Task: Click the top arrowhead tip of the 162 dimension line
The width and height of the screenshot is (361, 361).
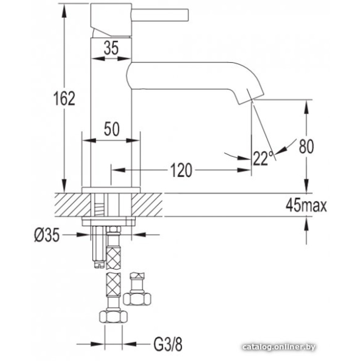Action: pyautogui.click(x=65, y=4)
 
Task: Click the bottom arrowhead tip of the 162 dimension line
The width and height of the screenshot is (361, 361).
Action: pyautogui.click(x=65, y=192)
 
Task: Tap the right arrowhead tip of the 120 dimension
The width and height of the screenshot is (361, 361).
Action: pyautogui.click(x=251, y=170)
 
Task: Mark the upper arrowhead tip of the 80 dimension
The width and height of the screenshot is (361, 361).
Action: pyautogui.click(x=306, y=100)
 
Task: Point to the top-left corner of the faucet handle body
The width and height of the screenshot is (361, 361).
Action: pyautogui.click(x=91, y=4)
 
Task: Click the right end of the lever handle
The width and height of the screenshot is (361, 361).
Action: pyautogui.click(x=188, y=16)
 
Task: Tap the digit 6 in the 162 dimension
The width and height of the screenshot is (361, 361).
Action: pyautogui.click(x=64, y=99)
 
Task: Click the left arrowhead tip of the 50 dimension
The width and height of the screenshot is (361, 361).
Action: pyautogui.click(x=82, y=140)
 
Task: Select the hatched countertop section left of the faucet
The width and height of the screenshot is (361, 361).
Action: pyautogui.click(x=72, y=204)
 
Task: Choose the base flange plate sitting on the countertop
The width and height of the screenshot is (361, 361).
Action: pyautogui.click(x=111, y=190)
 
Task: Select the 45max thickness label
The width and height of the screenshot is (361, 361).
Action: pyautogui.click(x=306, y=206)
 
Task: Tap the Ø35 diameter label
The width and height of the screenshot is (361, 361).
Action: pyautogui.click(x=47, y=235)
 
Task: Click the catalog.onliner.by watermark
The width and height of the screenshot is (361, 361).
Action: pyautogui.click(x=279, y=347)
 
